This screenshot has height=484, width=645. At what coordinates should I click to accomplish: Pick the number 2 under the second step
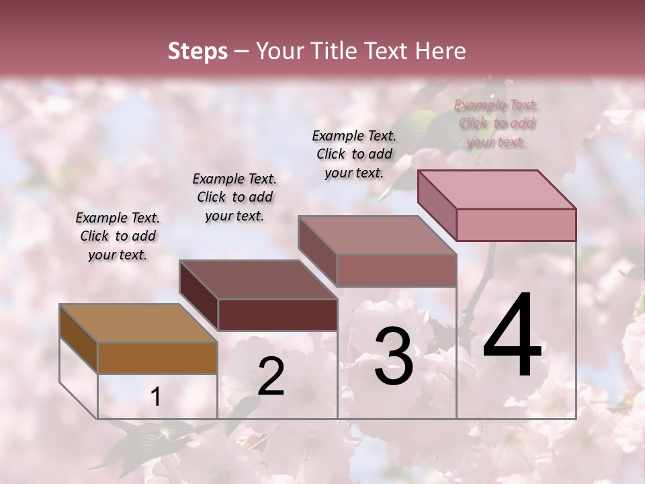[x=271, y=376]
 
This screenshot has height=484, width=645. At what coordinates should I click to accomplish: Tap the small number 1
[x=155, y=397]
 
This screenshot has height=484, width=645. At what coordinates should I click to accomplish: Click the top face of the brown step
[x=138, y=323]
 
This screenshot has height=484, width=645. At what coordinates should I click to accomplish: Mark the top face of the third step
[x=377, y=235]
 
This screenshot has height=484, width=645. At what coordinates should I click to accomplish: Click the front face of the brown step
[x=157, y=358]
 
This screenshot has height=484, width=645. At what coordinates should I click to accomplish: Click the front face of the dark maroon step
[x=277, y=315]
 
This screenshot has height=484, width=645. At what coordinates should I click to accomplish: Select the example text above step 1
[x=118, y=236]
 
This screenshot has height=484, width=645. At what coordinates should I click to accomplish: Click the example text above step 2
[x=234, y=197]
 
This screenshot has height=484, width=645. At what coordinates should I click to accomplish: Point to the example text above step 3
[x=354, y=154]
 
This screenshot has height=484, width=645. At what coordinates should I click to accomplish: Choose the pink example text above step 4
[x=496, y=123]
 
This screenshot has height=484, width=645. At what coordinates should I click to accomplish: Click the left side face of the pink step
[x=437, y=205]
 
